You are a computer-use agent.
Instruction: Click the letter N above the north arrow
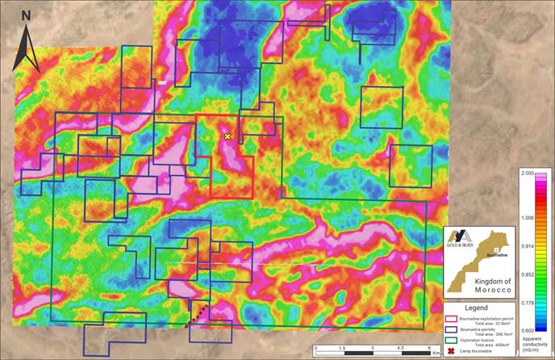tap(27, 15)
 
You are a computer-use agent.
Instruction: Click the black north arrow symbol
tap(27, 47)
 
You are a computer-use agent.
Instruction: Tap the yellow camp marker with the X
tap(227, 137)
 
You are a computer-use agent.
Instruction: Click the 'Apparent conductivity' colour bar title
tap(536, 342)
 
